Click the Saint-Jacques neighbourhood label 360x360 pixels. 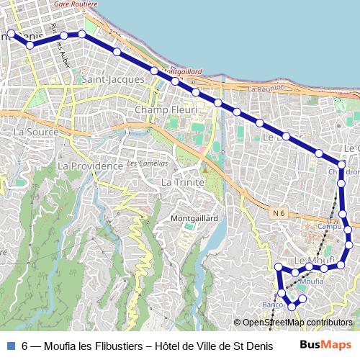[114, 78]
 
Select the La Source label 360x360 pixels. [35, 132]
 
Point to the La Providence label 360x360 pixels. [90, 166]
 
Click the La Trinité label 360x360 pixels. [184, 182]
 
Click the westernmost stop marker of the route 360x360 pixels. [11, 33]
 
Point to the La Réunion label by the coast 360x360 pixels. [266, 89]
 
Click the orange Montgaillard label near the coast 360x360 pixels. [183, 72]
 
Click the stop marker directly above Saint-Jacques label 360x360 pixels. [117, 52]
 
